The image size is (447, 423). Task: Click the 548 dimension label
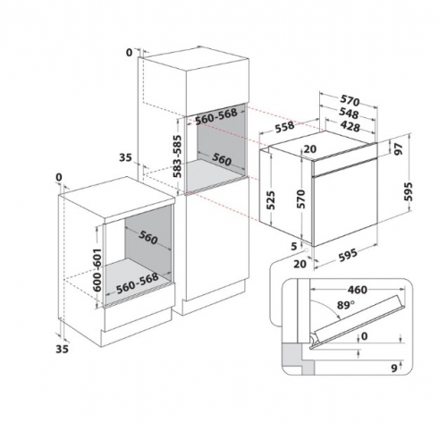tap(349, 114)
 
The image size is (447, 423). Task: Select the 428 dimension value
tap(350, 126)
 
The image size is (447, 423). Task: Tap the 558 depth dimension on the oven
tap(284, 126)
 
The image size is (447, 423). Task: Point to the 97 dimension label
tap(398, 148)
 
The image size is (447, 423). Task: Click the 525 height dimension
tap(270, 200)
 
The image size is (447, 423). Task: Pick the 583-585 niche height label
tap(178, 157)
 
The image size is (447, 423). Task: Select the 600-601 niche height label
tap(97, 270)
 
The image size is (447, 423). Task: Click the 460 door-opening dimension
tap(357, 290)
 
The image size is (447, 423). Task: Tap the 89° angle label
tap(346, 305)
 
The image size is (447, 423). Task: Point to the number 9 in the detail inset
tap(394, 368)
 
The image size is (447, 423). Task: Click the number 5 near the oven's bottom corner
tap(294, 246)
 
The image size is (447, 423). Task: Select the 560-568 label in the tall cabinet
tap(216, 115)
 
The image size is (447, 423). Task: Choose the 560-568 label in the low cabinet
tap(137, 283)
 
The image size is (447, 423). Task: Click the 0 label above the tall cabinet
tap(129, 53)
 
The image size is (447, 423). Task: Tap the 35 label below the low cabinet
tap(62, 349)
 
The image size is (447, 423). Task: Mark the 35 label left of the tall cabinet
tap(125, 157)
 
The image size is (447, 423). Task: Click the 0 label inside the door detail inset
tap(364, 336)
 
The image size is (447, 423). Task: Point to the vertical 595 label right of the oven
tap(408, 191)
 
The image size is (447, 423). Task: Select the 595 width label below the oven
tap(348, 255)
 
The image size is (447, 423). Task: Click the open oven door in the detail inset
tap(358, 322)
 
